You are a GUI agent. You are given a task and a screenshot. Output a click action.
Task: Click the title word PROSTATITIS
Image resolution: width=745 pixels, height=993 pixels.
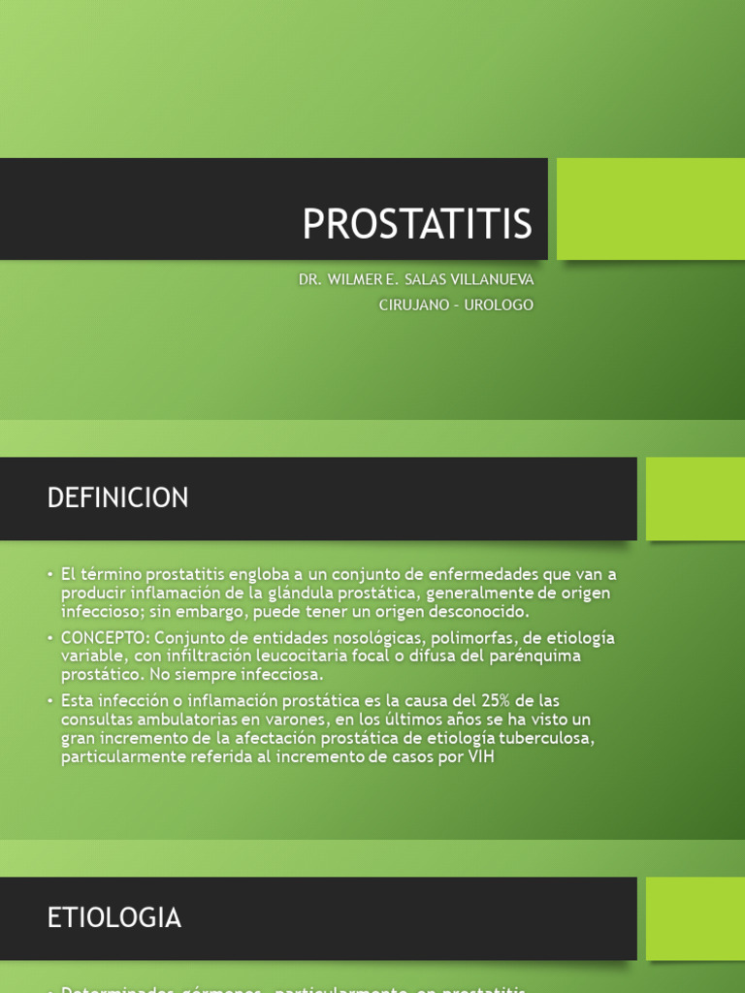click(x=417, y=224)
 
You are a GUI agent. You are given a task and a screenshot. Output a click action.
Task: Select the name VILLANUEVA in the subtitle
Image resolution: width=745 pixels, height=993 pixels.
click(x=492, y=279)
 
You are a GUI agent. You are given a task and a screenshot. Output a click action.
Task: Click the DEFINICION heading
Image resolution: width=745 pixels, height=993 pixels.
click(x=117, y=498)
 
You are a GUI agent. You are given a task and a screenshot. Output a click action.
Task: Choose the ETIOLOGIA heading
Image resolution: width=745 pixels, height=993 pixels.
click(x=113, y=917)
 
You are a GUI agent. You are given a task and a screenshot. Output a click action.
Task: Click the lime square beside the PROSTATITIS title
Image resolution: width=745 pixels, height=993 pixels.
click(x=650, y=208)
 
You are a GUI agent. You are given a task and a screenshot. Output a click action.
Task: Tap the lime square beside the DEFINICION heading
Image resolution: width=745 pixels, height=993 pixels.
click(x=695, y=498)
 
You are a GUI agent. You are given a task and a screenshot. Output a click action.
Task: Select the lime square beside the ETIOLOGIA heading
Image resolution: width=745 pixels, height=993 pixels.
click(x=695, y=918)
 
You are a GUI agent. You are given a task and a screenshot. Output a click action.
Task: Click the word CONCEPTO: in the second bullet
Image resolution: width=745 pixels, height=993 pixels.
click(x=105, y=638)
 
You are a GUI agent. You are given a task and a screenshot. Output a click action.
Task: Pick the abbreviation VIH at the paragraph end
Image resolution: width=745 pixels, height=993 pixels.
click(x=480, y=756)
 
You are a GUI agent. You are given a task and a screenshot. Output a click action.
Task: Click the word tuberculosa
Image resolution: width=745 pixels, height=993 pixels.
click(x=543, y=738)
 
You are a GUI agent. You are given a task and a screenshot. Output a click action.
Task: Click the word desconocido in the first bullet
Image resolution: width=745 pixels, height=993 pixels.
click(x=469, y=611)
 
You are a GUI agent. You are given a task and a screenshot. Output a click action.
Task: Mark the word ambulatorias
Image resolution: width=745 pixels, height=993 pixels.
click(x=188, y=720)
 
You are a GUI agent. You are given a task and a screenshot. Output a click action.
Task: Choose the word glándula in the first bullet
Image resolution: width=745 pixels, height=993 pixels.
click(x=299, y=593)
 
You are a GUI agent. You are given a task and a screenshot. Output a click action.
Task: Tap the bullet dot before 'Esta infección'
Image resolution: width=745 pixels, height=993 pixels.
click(x=49, y=701)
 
